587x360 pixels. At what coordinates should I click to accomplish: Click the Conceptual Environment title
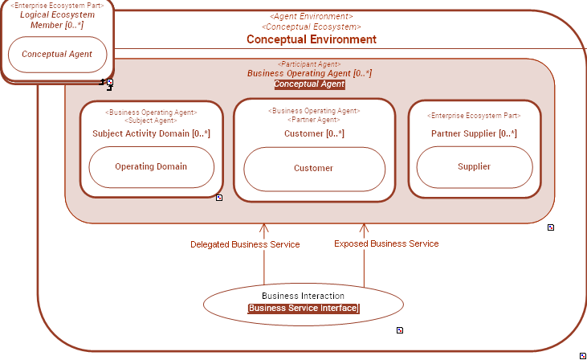[x=311, y=39]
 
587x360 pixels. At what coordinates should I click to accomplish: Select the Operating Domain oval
[x=151, y=167]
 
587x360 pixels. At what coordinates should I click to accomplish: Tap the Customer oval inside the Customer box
[x=313, y=169]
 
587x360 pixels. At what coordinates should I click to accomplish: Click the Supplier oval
[x=474, y=167]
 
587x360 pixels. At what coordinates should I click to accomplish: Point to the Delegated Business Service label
[x=245, y=244]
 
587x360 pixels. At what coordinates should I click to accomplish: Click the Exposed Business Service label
[x=386, y=243]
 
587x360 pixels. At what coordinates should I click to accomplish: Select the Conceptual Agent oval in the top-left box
[x=57, y=55]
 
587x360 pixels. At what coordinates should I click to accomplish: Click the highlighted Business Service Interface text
[x=303, y=309]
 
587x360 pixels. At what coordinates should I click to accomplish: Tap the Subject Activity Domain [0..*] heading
[x=151, y=133]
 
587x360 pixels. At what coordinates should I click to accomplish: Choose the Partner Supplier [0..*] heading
[x=474, y=133]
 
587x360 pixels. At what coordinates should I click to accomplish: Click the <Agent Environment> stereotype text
[x=311, y=16]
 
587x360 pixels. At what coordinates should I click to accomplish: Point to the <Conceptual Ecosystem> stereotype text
[x=311, y=27]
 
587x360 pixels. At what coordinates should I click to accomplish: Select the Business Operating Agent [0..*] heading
[x=309, y=73]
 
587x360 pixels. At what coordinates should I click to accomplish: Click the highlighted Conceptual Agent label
[x=309, y=84]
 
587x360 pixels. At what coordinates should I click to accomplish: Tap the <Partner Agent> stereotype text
[x=314, y=120]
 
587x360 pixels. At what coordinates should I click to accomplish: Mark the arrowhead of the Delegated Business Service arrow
[x=263, y=228]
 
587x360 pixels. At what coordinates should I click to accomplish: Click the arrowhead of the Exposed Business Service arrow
[x=364, y=228]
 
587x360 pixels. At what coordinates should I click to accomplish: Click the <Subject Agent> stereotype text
[x=151, y=121]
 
